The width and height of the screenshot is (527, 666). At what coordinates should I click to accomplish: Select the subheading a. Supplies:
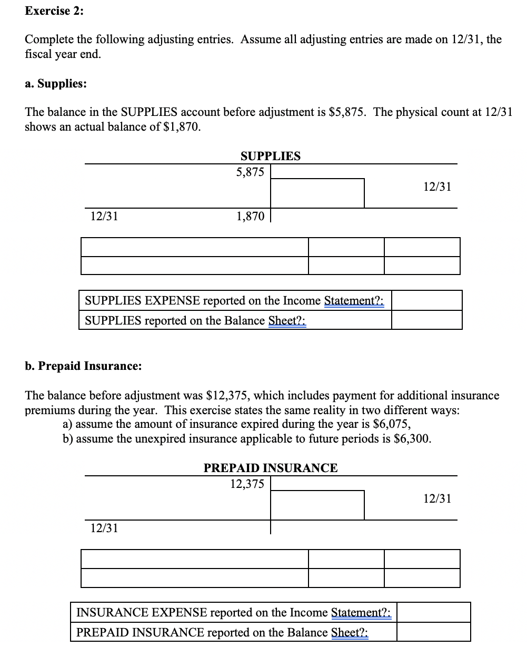[56, 84]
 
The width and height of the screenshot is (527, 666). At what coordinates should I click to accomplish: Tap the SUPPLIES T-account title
[270, 156]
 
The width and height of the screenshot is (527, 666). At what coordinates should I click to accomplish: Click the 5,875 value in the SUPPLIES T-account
[250, 172]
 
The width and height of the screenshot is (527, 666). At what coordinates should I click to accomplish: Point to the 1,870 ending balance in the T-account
[250, 216]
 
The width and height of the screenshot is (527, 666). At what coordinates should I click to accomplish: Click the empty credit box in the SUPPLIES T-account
[317, 193]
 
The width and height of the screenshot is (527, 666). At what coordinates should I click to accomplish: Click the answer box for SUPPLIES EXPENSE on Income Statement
[426, 300]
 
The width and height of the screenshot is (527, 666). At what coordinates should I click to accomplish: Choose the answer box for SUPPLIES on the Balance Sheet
[426, 320]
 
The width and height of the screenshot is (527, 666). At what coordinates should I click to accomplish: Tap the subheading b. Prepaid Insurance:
[83, 366]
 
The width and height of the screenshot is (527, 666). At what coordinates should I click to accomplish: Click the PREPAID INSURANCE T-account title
[271, 468]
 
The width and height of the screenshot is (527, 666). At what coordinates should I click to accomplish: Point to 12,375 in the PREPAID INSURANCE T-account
[247, 484]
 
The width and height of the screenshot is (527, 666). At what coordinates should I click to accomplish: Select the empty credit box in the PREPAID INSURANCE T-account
[317, 505]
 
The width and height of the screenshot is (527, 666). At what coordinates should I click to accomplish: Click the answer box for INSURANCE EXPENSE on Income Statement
[433, 612]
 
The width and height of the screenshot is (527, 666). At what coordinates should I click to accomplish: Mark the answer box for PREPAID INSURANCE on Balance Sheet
[433, 632]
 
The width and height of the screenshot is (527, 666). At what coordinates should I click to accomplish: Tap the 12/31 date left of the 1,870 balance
[104, 216]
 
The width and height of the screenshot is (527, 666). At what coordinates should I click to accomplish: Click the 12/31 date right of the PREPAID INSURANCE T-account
[437, 498]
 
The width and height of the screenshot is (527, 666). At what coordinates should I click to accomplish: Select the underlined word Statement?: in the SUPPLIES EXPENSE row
[354, 301]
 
